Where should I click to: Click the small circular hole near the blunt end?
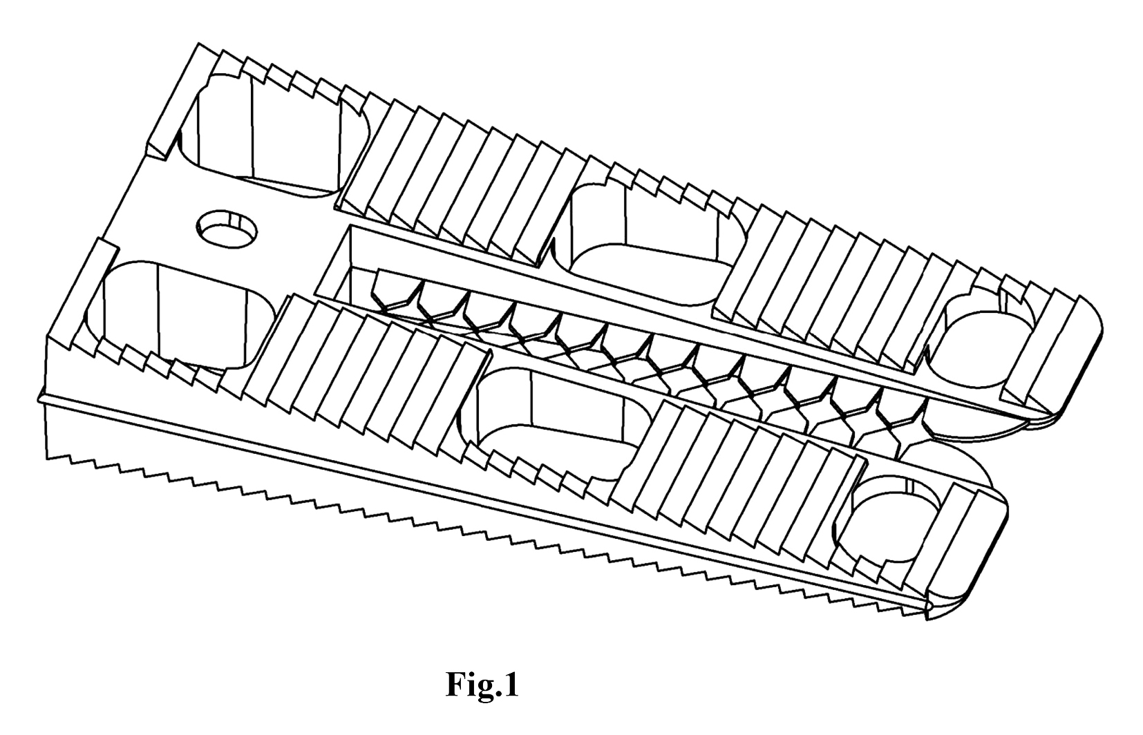click(x=227, y=229)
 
